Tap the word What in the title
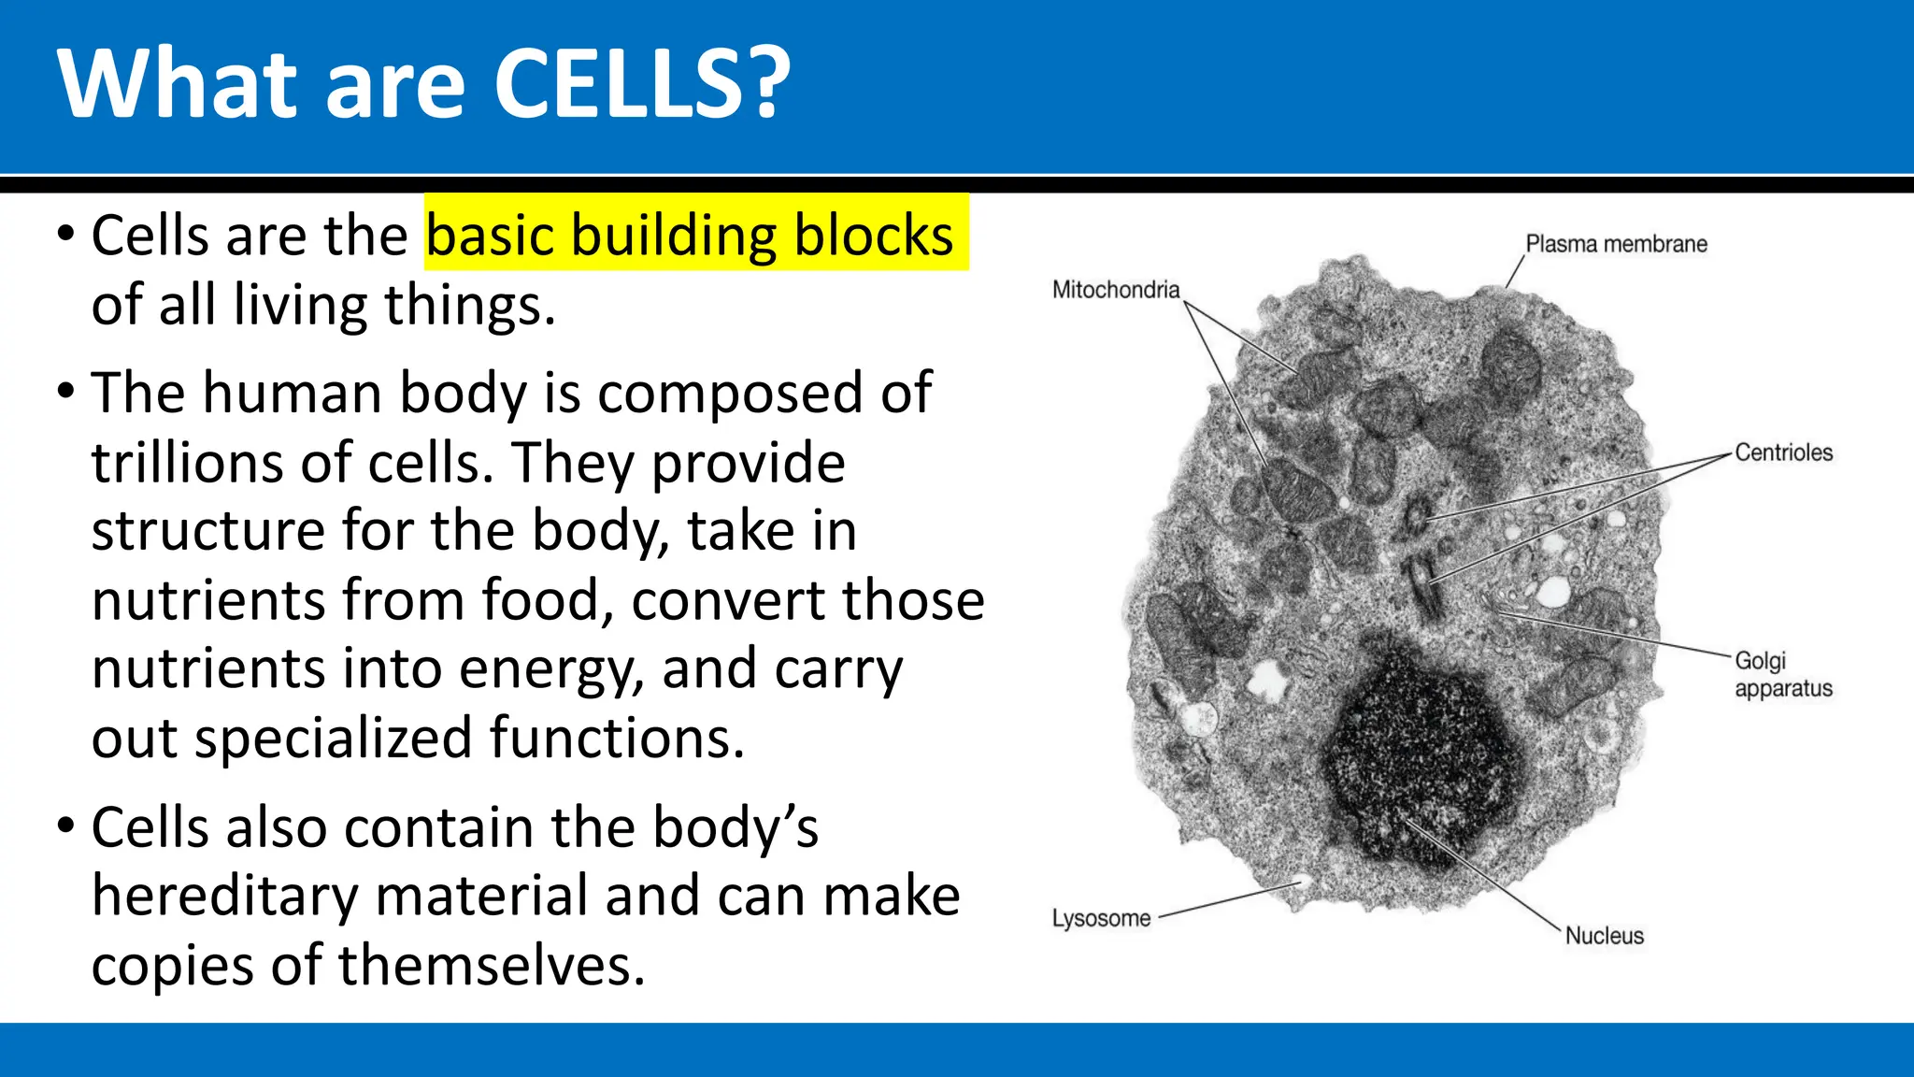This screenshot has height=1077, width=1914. pyautogui.click(x=178, y=84)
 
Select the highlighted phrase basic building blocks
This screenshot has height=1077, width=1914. pyautogui.click(x=690, y=235)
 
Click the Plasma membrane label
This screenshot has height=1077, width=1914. pyautogui.click(x=1616, y=244)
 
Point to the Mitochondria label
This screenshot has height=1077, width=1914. pyautogui.click(x=1116, y=290)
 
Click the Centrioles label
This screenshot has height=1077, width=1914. pyautogui.click(x=1783, y=452)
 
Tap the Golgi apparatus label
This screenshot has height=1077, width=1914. pyautogui.click(x=1781, y=674)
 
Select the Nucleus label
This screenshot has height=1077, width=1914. pyautogui.click(x=1604, y=936)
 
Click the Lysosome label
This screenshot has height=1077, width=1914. pyautogui.click(x=1101, y=918)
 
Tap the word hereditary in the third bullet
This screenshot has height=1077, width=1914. pyautogui.click(x=224, y=897)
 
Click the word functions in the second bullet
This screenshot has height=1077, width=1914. pyautogui.click(x=617, y=739)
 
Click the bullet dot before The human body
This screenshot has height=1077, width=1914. pyautogui.click(x=64, y=391)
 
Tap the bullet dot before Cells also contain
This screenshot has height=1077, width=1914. pyautogui.click(x=64, y=826)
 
